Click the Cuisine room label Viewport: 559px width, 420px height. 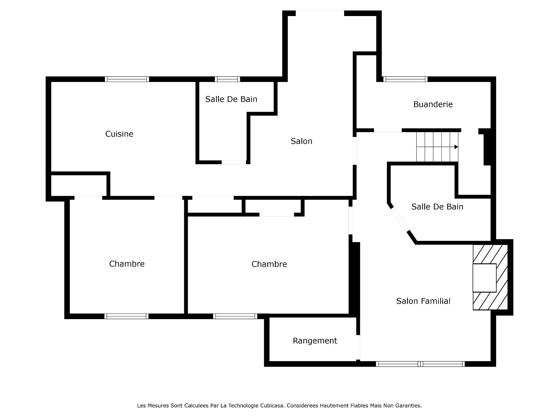pos(119,134)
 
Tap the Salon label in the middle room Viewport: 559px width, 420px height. pos(301,141)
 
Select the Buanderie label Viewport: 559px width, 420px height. pos(433,104)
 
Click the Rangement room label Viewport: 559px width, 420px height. pos(315,341)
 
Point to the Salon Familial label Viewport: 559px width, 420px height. pos(423,301)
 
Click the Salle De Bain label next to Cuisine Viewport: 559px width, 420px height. pos(231,99)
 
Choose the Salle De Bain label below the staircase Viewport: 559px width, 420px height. pos(437,207)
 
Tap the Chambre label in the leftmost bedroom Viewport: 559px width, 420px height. pos(127,264)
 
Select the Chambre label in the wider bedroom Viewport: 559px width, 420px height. pos(269,264)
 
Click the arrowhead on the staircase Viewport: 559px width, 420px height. pos(456,147)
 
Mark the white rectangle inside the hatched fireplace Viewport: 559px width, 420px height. pos(484,278)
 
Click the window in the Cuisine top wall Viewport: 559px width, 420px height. pos(127,79)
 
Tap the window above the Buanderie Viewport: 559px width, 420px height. pos(405,79)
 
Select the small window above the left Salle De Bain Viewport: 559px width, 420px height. pos(227,79)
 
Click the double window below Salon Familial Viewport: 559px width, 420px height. pos(420,364)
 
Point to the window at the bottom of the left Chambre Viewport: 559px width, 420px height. pos(126,316)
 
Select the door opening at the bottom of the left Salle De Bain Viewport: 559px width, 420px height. pos(234,162)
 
